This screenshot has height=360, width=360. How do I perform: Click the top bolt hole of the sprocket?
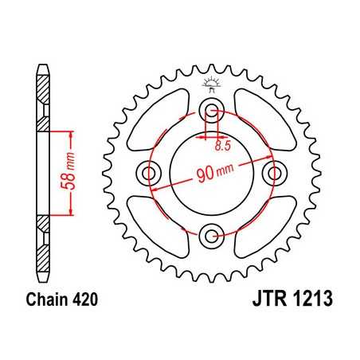click(x=211, y=111)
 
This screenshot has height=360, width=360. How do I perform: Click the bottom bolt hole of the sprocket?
click(x=211, y=233)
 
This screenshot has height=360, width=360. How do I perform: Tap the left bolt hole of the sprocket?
click(x=150, y=172)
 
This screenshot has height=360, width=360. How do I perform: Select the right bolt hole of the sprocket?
click(x=273, y=172)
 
